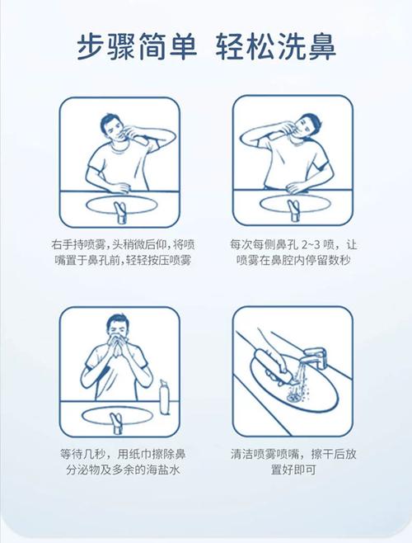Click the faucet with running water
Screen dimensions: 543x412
(315, 358)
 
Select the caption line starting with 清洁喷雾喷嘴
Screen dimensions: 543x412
(293, 454)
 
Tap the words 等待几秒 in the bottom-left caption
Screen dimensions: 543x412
(79, 454)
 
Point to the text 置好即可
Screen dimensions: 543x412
(293, 470)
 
